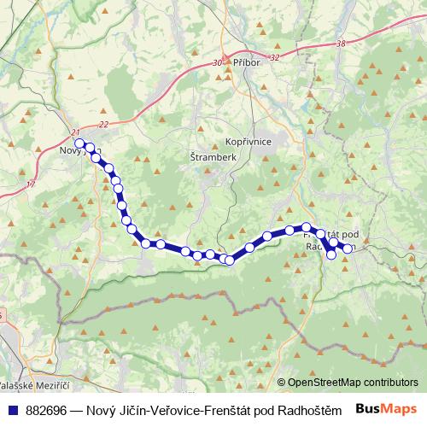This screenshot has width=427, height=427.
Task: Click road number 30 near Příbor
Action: (218, 63)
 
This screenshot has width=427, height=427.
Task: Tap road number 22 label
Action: (103, 125)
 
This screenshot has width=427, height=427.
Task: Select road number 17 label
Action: (32, 183)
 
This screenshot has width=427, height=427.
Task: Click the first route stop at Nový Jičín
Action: (79, 143)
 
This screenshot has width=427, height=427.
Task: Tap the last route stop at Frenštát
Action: (348, 249)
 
